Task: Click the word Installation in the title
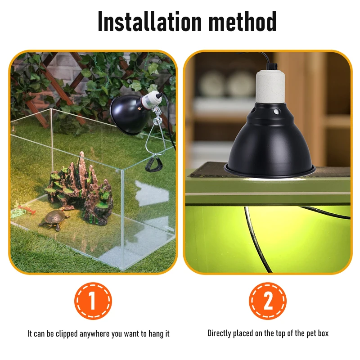coord(150,21)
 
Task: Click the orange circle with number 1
coord(93,301)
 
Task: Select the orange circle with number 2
coord(268,301)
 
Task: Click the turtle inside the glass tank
coord(54,219)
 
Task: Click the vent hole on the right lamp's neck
coord(277,112)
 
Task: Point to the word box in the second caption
coord(323,333)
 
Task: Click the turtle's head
coord(67,216)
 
